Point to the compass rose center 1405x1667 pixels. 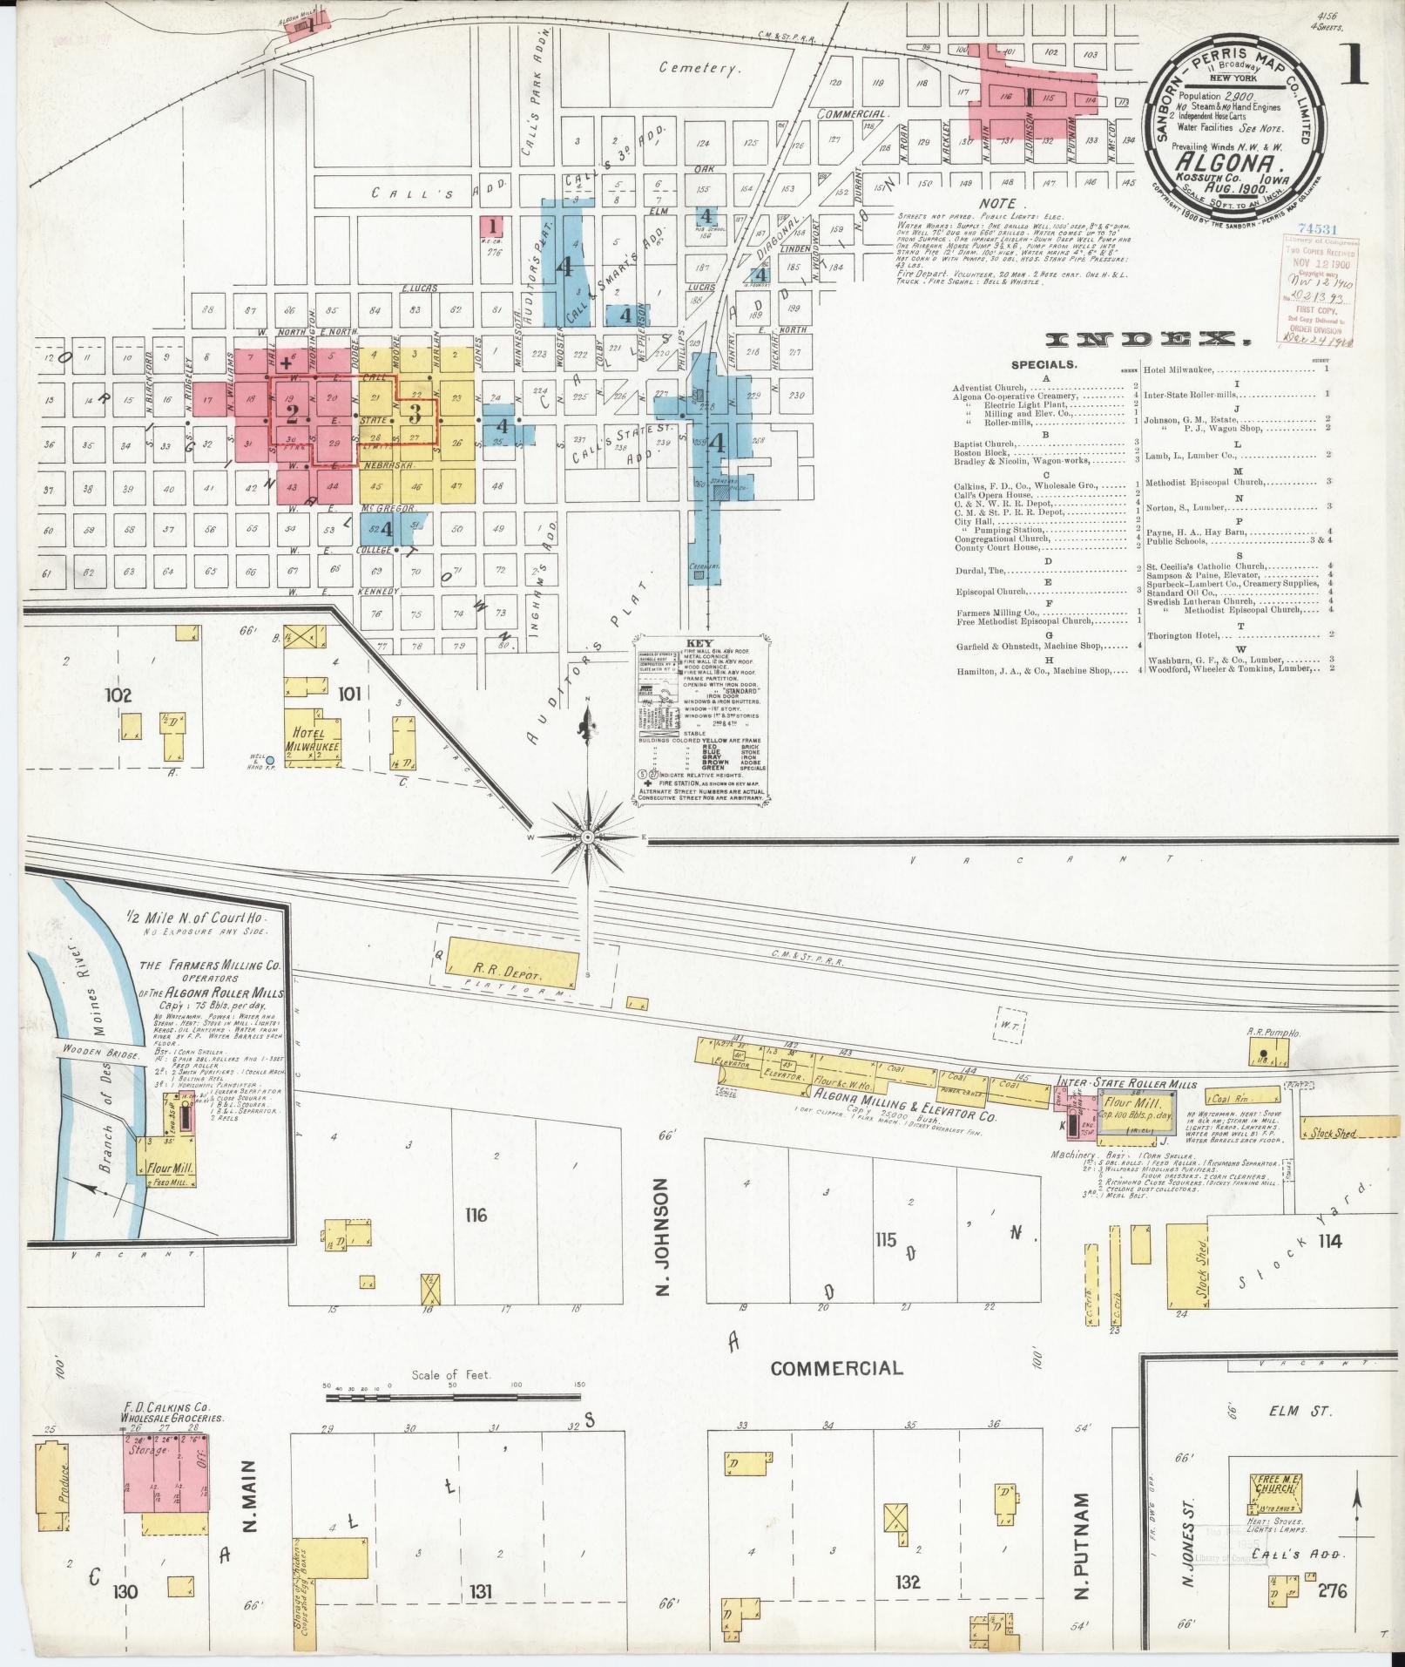point(587,837)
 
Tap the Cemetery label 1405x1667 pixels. point(699,67)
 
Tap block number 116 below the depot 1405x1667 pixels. point(476,1216)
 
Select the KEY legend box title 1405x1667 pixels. point(701,641)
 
